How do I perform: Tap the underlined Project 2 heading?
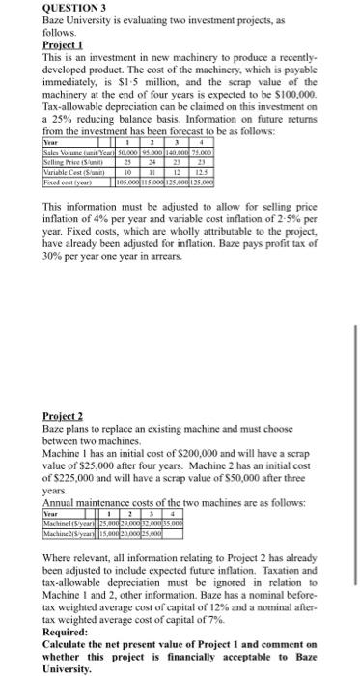coord(69,416)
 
